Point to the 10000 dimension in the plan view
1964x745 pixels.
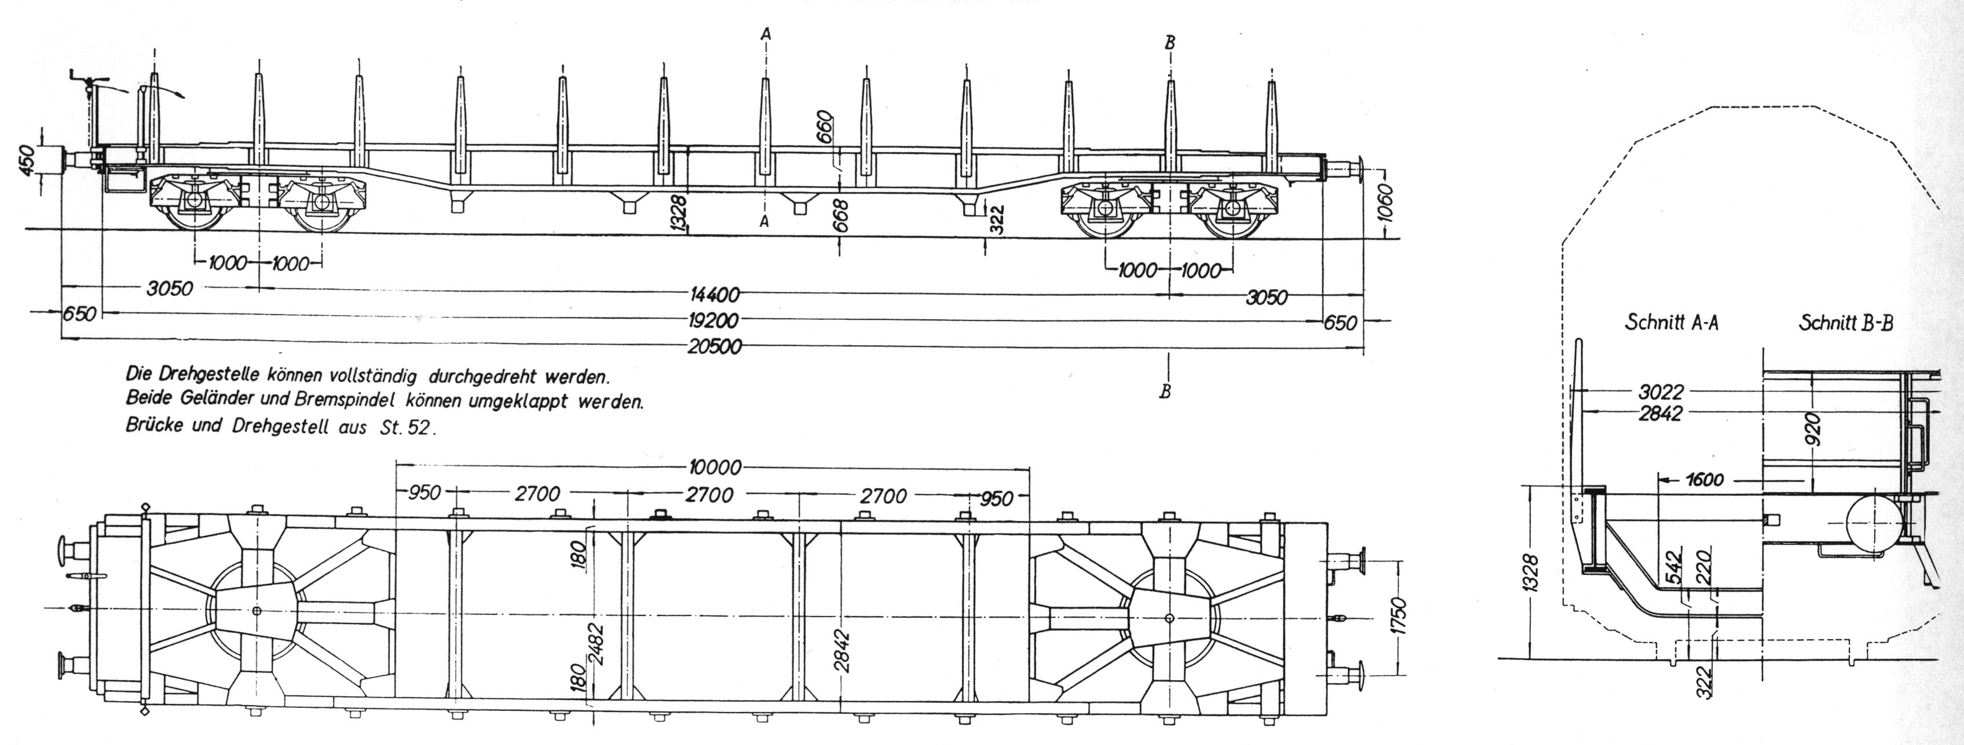714,466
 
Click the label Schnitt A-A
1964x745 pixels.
1672,323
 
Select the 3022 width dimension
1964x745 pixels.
1660,393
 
